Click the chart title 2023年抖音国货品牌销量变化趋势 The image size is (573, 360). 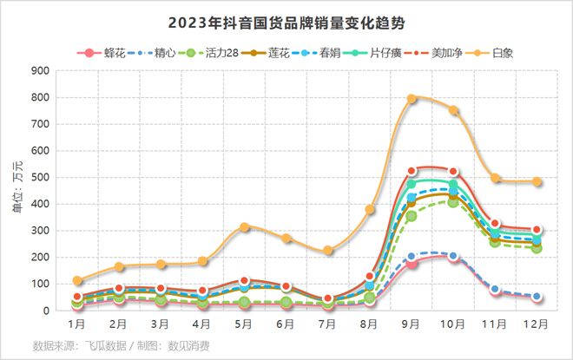tap(286, 21)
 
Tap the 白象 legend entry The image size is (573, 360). tap(503, 53)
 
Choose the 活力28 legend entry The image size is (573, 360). tap(214, 53)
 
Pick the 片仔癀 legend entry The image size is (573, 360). tap(381, 53)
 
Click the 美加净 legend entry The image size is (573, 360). tap(445, 53)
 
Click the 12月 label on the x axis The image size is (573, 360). tap(536, 324)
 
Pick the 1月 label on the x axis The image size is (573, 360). tap(77, 324)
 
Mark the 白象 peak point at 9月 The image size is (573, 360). tap(412, 99)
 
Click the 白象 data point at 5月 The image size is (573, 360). tap(245, 227)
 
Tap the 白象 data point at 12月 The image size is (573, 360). tap(537, 182)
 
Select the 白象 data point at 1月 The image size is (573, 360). tap(77, 281)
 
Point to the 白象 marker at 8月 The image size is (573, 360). tap(370, 210)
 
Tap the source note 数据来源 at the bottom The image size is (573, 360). tap(121, 345)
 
